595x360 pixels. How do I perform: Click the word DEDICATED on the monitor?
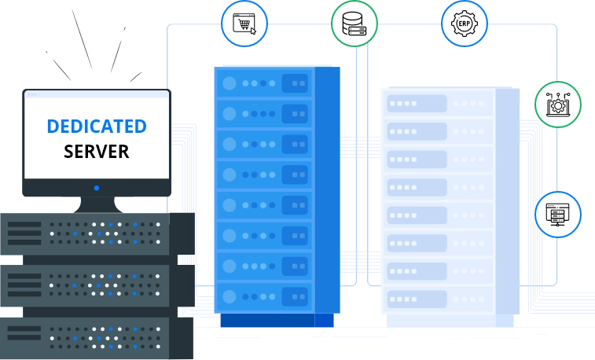coord(96,127)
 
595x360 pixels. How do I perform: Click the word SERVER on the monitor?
coord(96,152)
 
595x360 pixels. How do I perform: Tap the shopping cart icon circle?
coord(244,24)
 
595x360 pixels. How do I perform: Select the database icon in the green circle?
coord(354,24)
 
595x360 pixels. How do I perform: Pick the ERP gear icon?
coord(464,24)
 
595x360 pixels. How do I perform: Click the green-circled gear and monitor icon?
coord(558,104)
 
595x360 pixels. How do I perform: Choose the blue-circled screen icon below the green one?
coord(558,214)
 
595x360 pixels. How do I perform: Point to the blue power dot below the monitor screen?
coord(96,188)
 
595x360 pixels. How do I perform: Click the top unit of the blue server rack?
coord(265,83)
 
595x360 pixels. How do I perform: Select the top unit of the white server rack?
coord(436,103)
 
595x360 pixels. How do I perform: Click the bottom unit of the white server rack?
coord(436,300)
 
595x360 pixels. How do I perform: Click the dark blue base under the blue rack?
coord(277,320)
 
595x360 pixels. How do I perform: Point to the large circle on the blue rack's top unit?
coord(230,83)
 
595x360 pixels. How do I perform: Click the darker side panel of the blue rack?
coord(327,189)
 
